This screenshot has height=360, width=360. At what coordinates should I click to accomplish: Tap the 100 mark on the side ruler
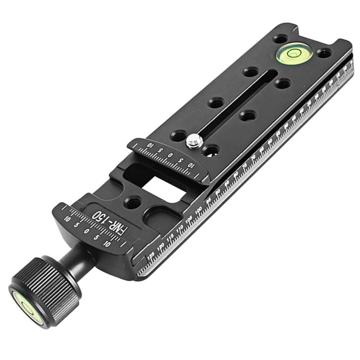click(x=198, y=211)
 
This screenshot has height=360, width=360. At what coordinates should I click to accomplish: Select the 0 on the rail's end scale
click(x=171, y=155)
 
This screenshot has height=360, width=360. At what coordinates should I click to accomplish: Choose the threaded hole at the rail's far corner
click(x=281, y=39)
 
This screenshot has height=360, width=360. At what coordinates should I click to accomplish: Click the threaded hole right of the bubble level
click(x=324, y=53)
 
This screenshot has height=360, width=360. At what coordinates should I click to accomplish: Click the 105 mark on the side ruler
click(x=189, y=220)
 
